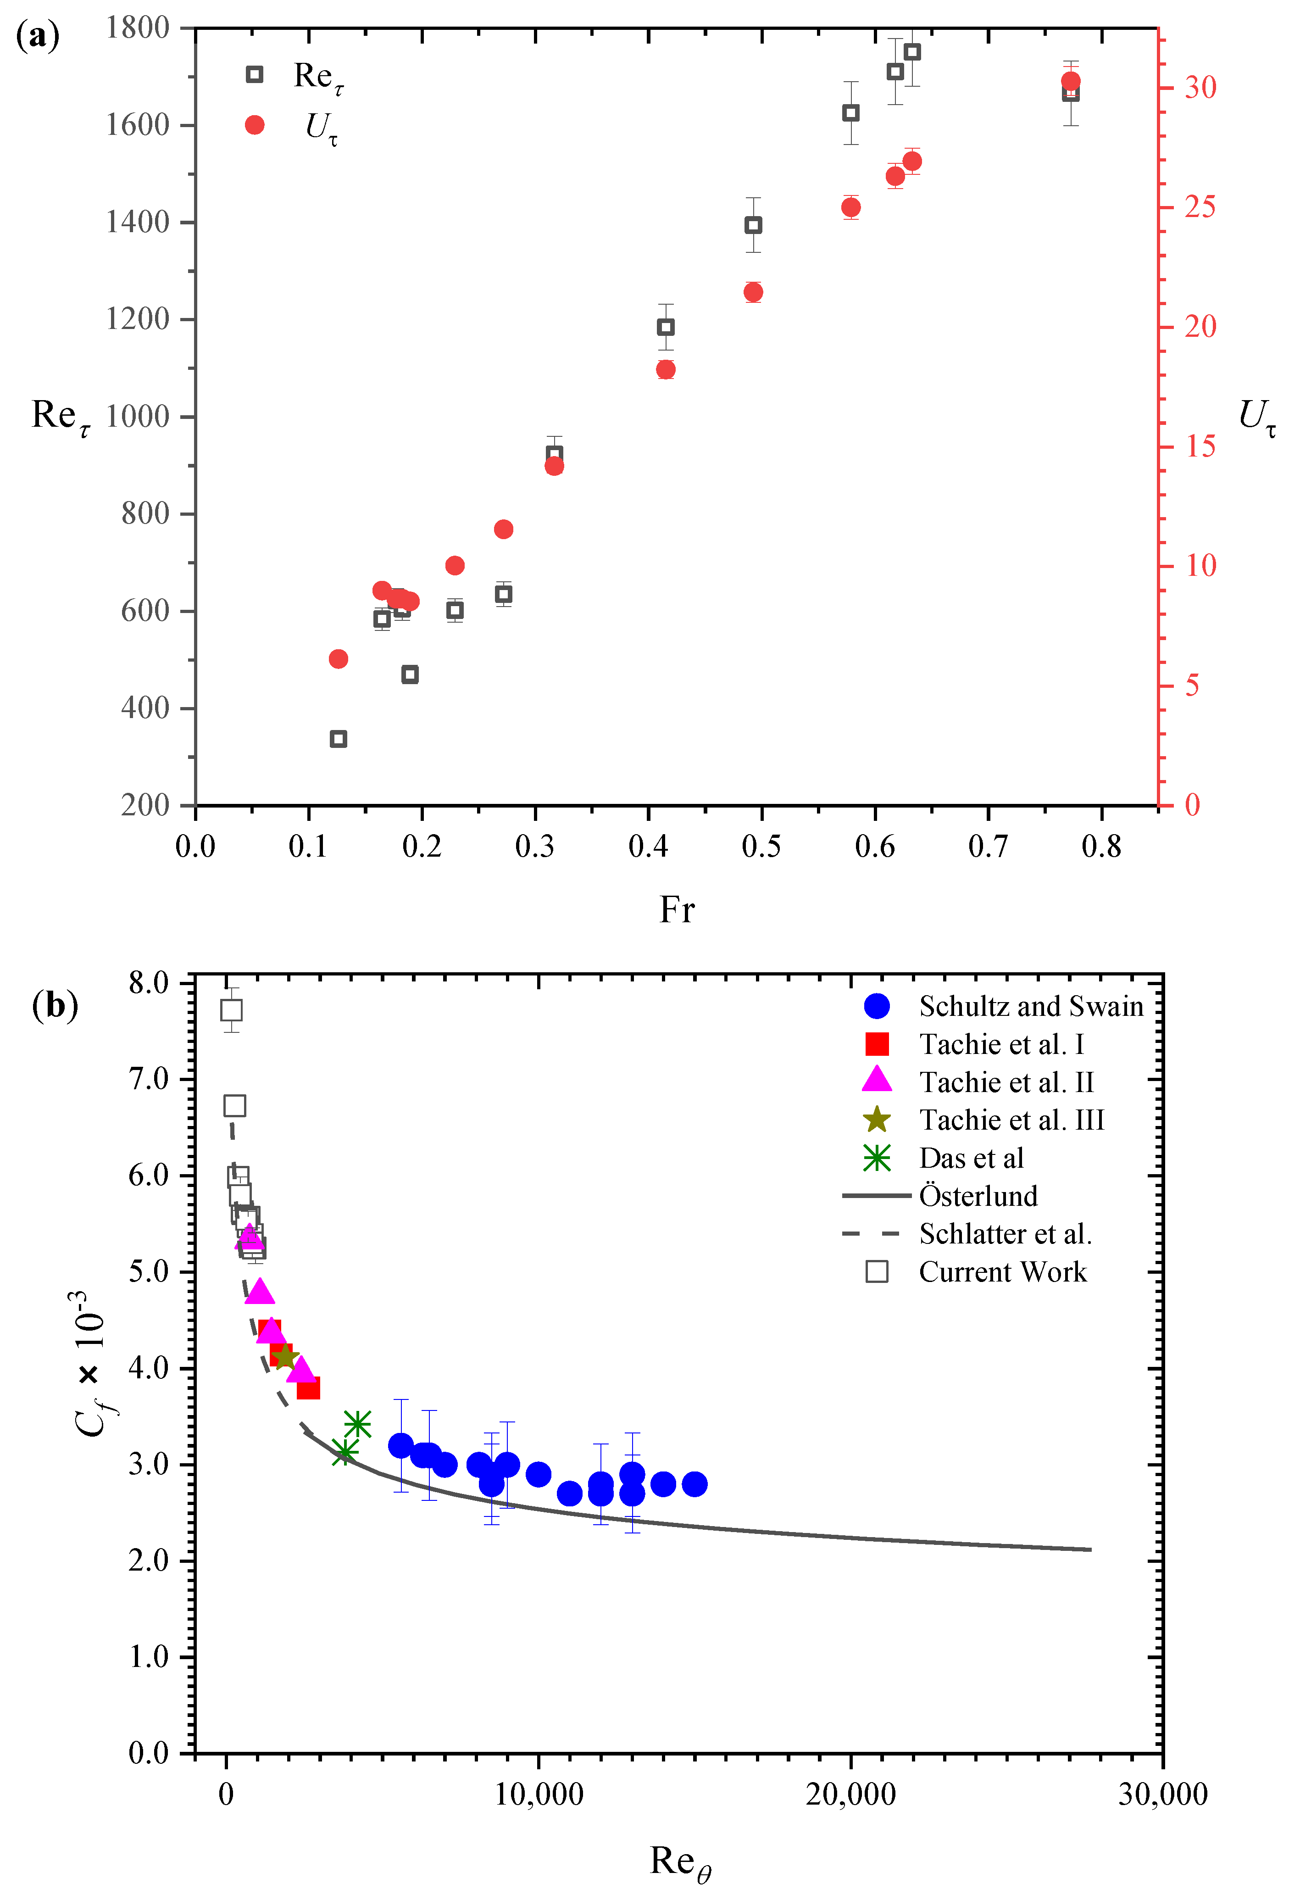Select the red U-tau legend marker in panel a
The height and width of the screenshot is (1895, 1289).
[255, 125]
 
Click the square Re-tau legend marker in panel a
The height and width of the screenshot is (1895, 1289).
[255, 75]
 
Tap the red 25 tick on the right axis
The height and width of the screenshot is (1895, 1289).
[1199, 207]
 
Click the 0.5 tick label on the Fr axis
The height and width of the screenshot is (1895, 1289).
[761, 847]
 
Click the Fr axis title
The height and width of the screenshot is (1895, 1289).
[677, 909]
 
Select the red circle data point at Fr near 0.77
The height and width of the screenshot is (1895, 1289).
[1071, 81]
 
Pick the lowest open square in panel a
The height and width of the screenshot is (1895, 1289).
[339, 739]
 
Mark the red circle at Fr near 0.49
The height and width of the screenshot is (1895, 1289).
[752, 292]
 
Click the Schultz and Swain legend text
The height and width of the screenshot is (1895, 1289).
[1031, 1006]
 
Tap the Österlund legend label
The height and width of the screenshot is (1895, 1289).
[978, 1196]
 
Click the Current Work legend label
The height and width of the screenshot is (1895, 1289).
[1003, 1272]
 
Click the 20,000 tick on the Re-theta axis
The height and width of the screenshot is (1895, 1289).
[850, 1794]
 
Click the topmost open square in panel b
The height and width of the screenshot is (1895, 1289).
[232, 1009]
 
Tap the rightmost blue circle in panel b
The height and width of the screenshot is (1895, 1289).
[695, 1484]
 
